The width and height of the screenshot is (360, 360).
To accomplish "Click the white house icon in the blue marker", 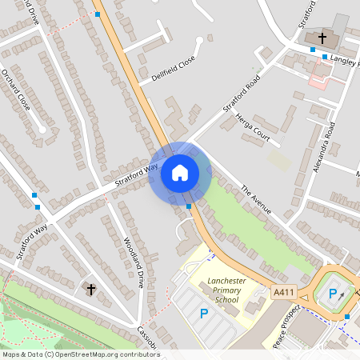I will (x=180, y=173).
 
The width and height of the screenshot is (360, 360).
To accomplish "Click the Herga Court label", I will (x=255, y=127).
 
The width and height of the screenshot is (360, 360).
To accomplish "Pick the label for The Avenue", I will (x=256, y=200).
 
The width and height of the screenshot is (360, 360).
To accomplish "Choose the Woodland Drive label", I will (x=134, y=263).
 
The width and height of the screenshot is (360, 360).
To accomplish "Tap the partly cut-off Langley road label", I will (x=345, y=59).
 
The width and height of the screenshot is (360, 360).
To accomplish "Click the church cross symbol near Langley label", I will (x=322, y=38).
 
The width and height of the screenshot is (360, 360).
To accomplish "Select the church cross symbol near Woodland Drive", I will (x=90, y=288).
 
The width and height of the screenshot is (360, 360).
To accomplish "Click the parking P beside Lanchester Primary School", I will (x=203, y=314).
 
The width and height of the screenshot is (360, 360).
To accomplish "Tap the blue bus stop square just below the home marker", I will (x=188, y=206).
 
